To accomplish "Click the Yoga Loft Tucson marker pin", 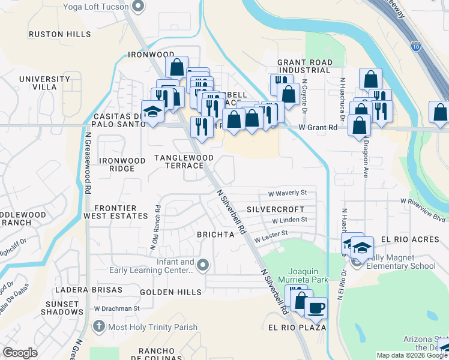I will pos(139,7).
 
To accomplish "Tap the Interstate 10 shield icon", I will pos(416,45).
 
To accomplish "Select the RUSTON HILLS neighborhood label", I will pos(59,34).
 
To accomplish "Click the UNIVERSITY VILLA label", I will pos(44,83).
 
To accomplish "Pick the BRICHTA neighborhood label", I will pos(215,235).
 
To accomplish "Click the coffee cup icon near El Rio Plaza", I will pos(316,308).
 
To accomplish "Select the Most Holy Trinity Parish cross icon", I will pos(99,327).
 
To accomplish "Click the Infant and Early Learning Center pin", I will pos(203,265).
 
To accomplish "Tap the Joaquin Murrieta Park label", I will pos(308,275).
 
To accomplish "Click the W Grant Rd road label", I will pos(318,127).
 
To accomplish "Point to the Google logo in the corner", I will pos(20,352).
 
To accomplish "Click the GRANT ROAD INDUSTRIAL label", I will pos(304,66).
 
